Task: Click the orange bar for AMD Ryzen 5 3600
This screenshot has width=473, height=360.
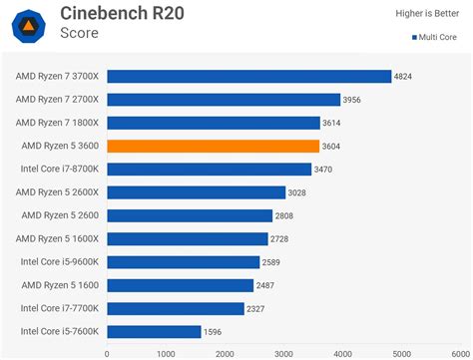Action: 213,146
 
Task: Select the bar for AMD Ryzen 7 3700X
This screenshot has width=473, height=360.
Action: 248,76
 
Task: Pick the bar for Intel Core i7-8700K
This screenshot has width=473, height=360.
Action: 211,170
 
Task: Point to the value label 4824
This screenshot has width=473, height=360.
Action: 404,76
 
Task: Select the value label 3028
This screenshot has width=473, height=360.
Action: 298,192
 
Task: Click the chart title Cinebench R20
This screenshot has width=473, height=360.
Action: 123,13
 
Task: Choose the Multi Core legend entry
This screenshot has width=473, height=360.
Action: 436,38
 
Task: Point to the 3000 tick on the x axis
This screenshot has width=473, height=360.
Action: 284,352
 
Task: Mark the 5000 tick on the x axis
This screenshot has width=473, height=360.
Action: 402,352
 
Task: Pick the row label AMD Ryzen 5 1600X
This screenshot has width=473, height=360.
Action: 58,238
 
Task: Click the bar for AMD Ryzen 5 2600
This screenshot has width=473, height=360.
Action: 190,215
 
